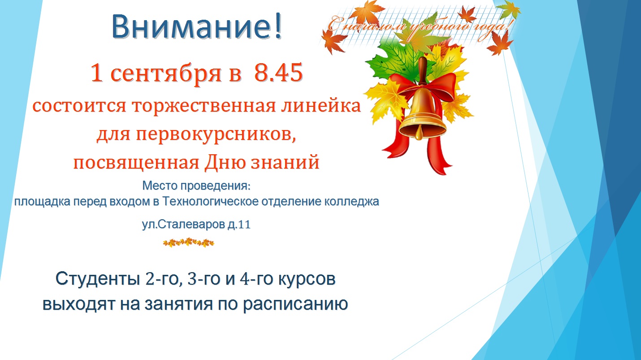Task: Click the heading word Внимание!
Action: click(197, 26)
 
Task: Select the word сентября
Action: click(166, 74)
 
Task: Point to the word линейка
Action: click(321, 105)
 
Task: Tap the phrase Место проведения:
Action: click(196, 186)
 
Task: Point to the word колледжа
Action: click(351, 202)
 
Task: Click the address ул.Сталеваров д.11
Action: click(196, 224)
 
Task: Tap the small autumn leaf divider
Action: click(189, 243)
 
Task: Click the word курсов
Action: click(307, 279)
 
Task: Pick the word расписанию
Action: click(295, 304)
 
